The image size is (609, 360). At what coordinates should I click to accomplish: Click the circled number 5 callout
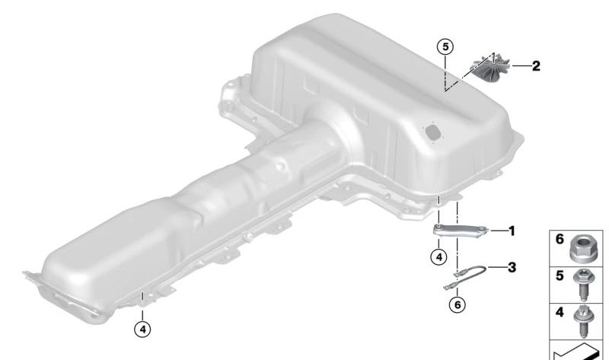click(x=445, y=46)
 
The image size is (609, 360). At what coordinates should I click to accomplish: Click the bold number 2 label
click(x=536, y=66)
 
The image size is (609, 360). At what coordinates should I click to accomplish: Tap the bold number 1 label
click(x=512, y=231)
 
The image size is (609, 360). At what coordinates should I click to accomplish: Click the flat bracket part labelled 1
click(x=461, y=231)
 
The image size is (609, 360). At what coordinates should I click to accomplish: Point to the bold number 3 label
click(x=512, y=267)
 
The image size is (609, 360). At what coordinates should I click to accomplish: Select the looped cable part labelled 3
click(x=465, y=277)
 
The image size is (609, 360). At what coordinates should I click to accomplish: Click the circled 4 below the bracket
click(x=439, y=257)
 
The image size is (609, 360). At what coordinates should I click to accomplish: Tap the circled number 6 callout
click(x=458, y=305)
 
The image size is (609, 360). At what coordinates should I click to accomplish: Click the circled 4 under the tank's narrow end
click(x=142, y=330)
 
